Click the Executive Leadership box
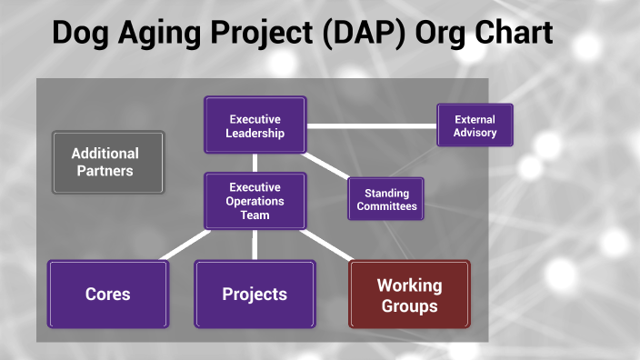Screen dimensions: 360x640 [255, 125]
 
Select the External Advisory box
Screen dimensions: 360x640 [475, 125]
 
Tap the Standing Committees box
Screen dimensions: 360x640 [386, 199]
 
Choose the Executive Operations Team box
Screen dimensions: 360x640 [255, 201]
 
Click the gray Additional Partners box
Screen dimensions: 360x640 [108, 162]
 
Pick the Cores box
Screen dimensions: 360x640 [108, 294]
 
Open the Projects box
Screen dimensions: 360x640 [255, 294]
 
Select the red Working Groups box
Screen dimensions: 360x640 [409, 295]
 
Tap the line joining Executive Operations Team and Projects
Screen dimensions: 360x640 [255, 244]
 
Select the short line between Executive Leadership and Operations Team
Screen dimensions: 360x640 [255, 163]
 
